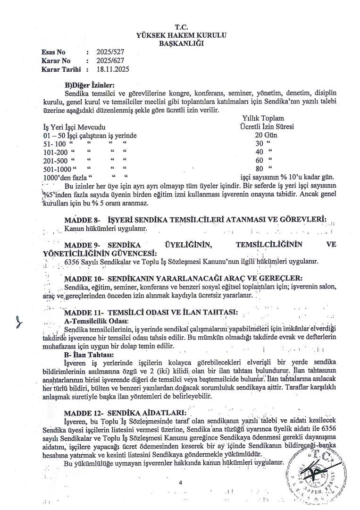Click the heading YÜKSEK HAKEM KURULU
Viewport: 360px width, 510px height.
[181, 35]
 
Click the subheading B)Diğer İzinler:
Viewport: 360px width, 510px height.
[90, 85]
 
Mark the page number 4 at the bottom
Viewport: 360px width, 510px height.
[180, 483]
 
